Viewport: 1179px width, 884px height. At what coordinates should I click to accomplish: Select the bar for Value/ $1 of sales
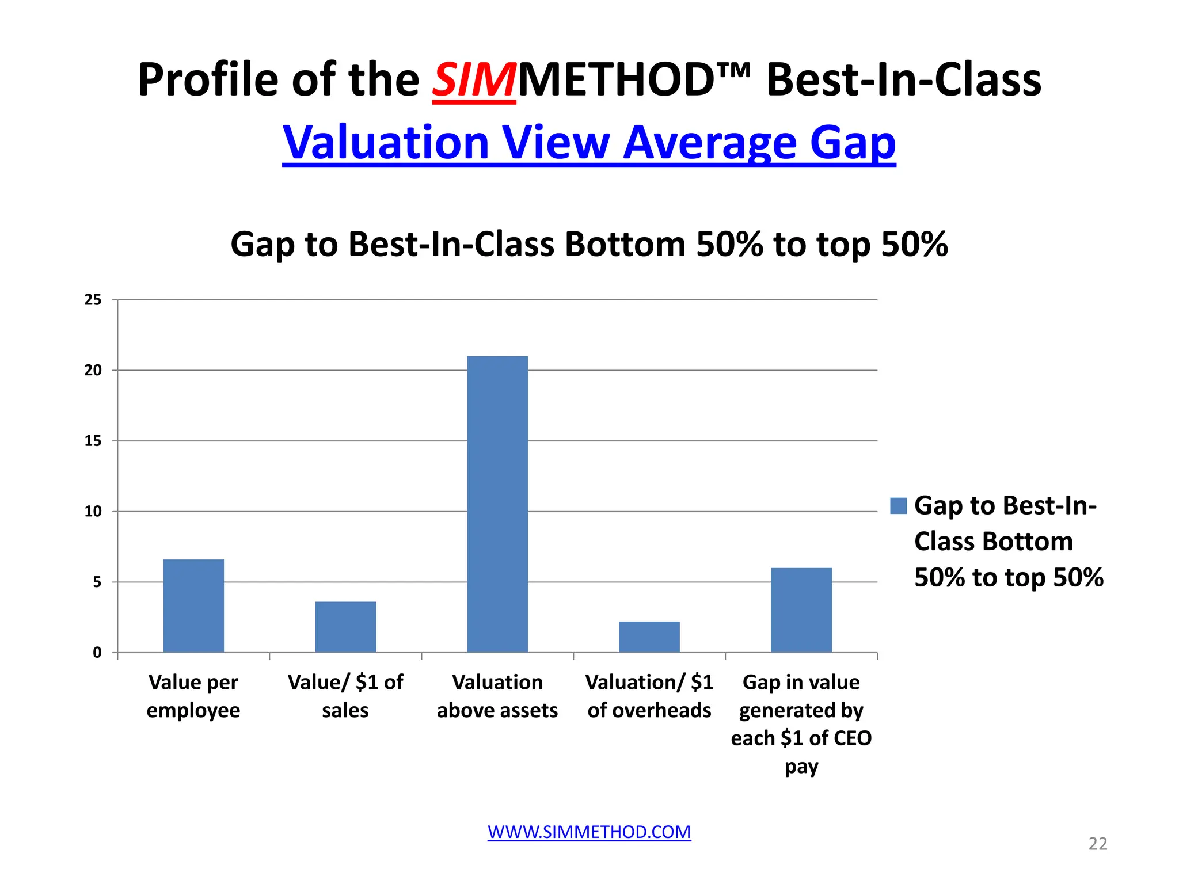pos(345,627)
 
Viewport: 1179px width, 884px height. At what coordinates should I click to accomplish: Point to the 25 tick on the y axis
pos(93,300)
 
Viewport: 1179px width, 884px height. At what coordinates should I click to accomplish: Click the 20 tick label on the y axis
pos(93,371)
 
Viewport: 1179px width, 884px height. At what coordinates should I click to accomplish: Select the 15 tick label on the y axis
pos(93,441)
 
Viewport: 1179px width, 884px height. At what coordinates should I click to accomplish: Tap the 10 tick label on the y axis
pos(93,512)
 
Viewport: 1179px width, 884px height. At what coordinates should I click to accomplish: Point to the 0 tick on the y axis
pos(97,653)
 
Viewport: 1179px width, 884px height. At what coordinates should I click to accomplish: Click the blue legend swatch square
pos(898,506)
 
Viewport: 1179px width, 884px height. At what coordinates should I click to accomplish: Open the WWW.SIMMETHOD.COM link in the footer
pos(589,832)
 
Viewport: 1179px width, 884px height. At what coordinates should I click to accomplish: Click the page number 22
pos(1097,844)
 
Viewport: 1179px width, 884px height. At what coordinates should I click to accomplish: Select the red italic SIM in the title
pos(474,80)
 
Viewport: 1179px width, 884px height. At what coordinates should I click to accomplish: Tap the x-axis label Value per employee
pos(193,696)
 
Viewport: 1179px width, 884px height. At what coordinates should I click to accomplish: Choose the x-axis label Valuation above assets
pos(497,696)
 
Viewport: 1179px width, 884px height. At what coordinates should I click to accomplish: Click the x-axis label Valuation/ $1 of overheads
pos(649,696)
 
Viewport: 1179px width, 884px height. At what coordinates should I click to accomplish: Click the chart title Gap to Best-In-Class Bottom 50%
pos(589,244)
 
